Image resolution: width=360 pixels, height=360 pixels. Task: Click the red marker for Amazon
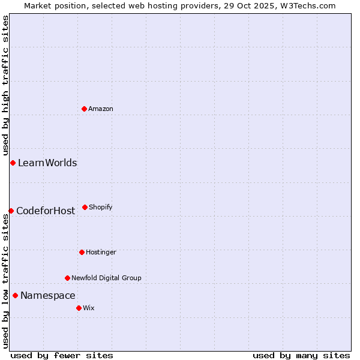coord(85,109)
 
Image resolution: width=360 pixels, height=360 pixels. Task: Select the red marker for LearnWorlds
coord(13,163)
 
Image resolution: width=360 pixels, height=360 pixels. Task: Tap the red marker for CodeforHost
coord(11,211)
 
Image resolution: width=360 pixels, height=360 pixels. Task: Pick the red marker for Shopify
coord(85,207)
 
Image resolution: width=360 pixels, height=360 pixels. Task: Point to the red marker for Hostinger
coord(82,252)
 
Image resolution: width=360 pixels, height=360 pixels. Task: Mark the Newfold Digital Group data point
coord(67,278)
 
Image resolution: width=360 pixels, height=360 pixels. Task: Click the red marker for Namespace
coord(15,295)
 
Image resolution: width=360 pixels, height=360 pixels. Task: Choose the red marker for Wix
coord(79,308)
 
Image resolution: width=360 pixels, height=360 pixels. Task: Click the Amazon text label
coord(101,109)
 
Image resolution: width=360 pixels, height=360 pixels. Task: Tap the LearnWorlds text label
coord(47,163)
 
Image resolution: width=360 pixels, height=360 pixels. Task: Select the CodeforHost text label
coord(46,211)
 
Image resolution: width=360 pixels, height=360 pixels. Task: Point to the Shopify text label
coord(101,207)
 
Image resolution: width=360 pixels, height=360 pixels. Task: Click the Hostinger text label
coord(101,252)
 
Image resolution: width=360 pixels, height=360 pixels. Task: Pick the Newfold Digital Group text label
coord(106,278)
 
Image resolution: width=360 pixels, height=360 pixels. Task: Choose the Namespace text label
coord(48,295)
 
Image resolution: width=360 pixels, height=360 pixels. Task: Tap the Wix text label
coord(89,308)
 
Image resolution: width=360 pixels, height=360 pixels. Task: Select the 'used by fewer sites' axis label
coord(62,355)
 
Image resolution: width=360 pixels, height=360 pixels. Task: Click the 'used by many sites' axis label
coord(301,355)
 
